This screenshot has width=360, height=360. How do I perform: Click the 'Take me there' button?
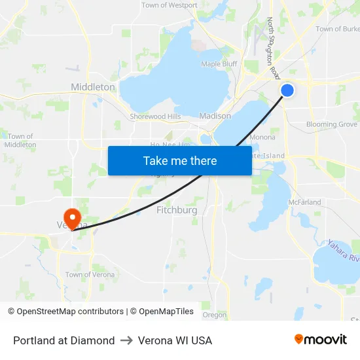tap(180, 160)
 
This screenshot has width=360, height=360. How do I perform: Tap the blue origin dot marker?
tap(287, 90)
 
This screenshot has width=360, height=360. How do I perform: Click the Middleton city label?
tap(93, 86)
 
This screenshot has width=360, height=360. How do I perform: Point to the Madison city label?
tap(215, 116)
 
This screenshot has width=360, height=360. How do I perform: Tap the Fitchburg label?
tap(177, 210)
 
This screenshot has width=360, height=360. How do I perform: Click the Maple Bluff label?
tap(219, 64)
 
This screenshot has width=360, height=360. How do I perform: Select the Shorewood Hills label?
tap(155, 117)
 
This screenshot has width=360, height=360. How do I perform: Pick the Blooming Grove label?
tap(332, 124)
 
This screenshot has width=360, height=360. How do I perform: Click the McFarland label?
tap(305, 202)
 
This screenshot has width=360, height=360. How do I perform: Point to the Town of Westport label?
tap(170, 5)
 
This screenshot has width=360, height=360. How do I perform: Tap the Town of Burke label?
tap(337, 29)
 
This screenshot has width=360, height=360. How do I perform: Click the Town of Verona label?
tap(90, 275)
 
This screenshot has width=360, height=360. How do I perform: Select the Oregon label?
tap(214, 315)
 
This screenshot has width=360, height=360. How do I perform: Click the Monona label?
tap(262, 137)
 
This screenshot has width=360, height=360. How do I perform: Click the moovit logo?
tap(321, 339)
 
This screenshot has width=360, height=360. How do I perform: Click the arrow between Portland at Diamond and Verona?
tap(126, 340)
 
